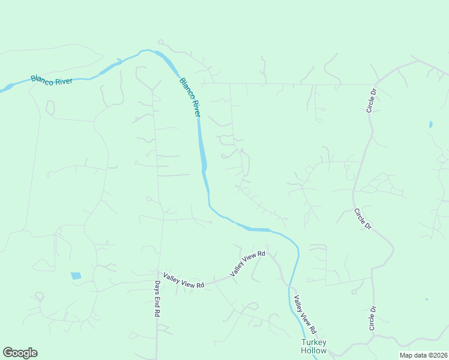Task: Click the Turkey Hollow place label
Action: (314, 347)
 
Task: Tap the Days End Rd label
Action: (157, 299)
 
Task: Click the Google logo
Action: (20, 353)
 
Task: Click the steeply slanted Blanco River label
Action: (190, 97)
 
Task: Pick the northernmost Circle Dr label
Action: (372, 101)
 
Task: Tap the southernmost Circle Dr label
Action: (372, 318)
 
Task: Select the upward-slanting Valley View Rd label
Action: (247, 264)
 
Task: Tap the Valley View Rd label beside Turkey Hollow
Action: (304, 315)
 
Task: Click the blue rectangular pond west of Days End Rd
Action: (76, 276)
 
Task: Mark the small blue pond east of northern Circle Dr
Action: (430, 125)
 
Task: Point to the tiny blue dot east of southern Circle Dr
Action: (427, 299)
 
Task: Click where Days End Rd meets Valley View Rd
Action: (157, 273)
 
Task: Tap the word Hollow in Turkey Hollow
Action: (314, 351)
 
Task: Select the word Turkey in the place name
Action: (314, 343)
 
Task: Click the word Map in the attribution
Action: (406, 355)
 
